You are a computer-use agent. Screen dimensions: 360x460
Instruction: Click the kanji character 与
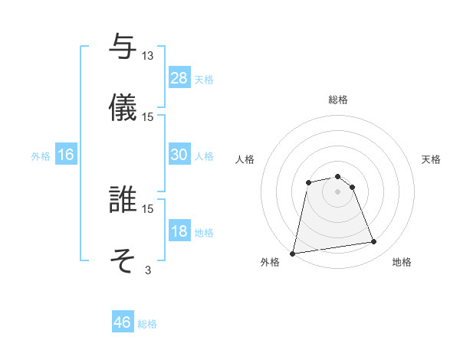tap(122, 47)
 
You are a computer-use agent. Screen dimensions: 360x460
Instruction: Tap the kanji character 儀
tap(122, 107)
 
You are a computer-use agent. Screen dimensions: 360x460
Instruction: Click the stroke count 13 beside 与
tap(148, 56)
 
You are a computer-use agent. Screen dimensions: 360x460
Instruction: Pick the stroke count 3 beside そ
tap(148, 270)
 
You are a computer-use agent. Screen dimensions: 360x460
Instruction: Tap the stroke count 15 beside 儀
tap(148, 116)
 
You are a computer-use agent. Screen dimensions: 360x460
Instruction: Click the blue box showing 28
tap(179, 78)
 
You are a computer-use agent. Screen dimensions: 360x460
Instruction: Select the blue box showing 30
tap(179, 155)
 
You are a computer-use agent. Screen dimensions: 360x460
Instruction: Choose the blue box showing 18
tap(179, 231)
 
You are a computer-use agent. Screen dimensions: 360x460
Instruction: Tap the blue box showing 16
tap(66, 155)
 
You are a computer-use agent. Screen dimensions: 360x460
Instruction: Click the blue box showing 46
tap(122, 322)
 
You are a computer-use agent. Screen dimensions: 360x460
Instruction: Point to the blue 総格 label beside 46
tap(147, 324)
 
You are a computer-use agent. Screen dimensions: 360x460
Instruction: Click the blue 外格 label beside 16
tap(41, 156)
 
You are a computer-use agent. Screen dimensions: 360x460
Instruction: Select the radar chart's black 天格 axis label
tap(432, 159)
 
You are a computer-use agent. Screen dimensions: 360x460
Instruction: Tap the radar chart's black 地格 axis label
tap(402, 263)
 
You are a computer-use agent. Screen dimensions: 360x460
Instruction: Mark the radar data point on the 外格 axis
tap(292, 253)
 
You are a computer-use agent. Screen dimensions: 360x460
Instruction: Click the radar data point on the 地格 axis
tap(374, 242)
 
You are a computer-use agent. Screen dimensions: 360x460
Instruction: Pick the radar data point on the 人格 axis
tap(308, 182)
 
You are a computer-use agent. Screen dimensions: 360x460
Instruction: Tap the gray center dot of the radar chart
tap(337, 191)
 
